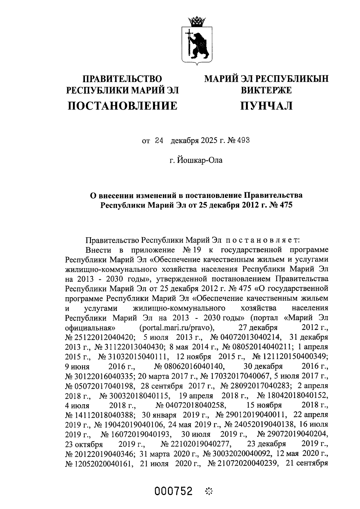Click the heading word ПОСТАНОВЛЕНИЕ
pos(122,106)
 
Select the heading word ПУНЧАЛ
pos(266,106)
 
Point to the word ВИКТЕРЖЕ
pos(266,90)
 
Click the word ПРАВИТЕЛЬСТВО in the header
pos(122,79)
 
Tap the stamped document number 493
pos(244,140)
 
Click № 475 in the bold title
pos(280,205)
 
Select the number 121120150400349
pos(295,356)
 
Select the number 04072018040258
pos(195,405)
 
